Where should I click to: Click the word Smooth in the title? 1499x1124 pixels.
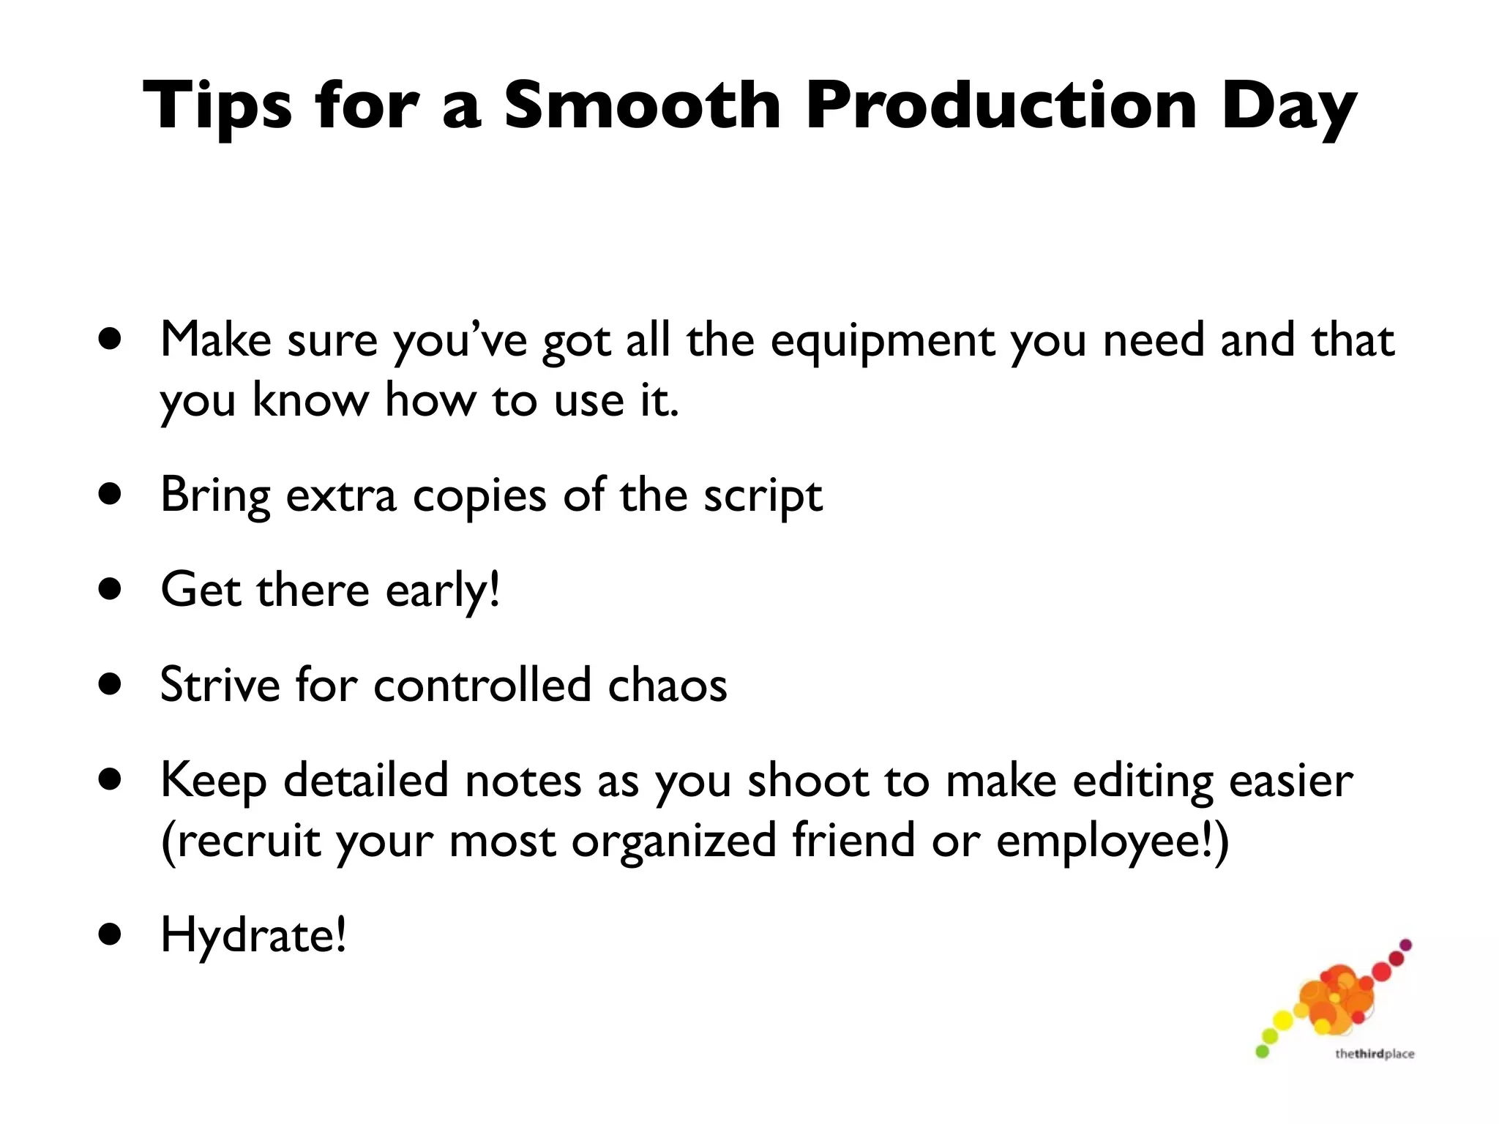(x=643, y=106)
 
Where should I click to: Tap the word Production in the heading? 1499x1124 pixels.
(x=1001, y=106)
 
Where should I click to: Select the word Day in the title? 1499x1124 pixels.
(x=1288, y=110)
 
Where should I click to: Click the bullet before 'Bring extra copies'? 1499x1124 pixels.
(x=111, y=495)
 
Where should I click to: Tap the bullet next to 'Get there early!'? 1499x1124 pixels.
(x=111, y=589)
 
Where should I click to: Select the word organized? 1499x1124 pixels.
(x=673, y=842)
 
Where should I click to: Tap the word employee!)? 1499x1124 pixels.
(x=1113, y=842)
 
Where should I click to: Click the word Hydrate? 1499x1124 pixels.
(x=253, y=937)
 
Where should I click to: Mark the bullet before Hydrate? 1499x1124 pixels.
(x=111, y=934)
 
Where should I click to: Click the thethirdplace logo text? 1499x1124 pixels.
(x=1374, y=1054)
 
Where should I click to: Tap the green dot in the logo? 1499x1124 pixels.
(x=1262, y=1052)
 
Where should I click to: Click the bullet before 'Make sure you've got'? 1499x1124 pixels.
(x=111, y=340)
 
